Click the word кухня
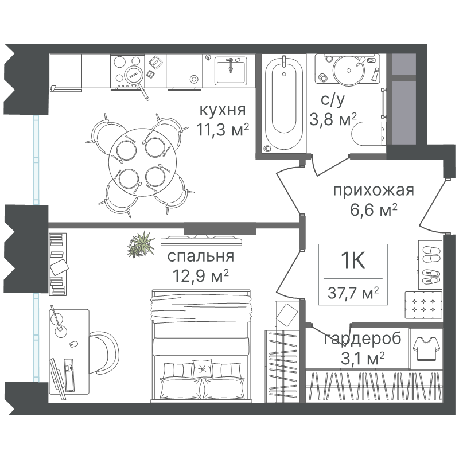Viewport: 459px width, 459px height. pyautogui.click(x=223, y=110)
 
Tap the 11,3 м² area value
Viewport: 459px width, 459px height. pyautogui.click(x=223, y=129)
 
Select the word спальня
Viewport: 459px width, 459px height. pyautogui.click(x=201, y=256)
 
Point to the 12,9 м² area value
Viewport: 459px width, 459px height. pyautogui.click(x=201, y=275)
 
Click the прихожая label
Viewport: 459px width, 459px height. pyautogui.click(x=374, y=191)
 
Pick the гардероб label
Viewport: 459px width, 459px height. pyautogui.click(x=363, y=339)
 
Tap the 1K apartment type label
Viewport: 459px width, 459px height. pyautogui.click(x=353, y=260)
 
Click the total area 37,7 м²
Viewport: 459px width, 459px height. pyautogui.click(x=353, y=293)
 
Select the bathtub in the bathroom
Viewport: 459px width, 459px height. pyautogui.click(x=283, y=104)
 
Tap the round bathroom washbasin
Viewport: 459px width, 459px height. pyautogui.click(x=349, y=70)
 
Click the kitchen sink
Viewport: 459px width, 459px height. pyautogui.click(x=231, y=71)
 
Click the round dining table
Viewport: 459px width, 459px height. pyautogui.click(x=142, y=162)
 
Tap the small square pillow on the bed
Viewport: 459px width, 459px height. pyautogui.click(x=202, y=368)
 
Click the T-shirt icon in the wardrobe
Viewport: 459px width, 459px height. pyautogui.click(x=426, y=349)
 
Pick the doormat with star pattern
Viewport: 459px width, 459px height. pyautogui.click(x=423, y=305)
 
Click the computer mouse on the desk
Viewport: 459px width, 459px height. pyautogui.click(x=73, y=344)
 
